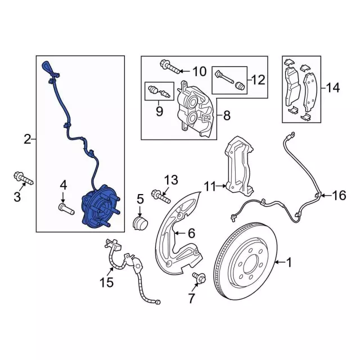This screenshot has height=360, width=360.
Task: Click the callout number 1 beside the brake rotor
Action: click(x=290, y=262)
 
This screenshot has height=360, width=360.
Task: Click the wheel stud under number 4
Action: click(x=66, y=209)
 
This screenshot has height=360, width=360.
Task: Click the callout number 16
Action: click(x=339, y=195)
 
